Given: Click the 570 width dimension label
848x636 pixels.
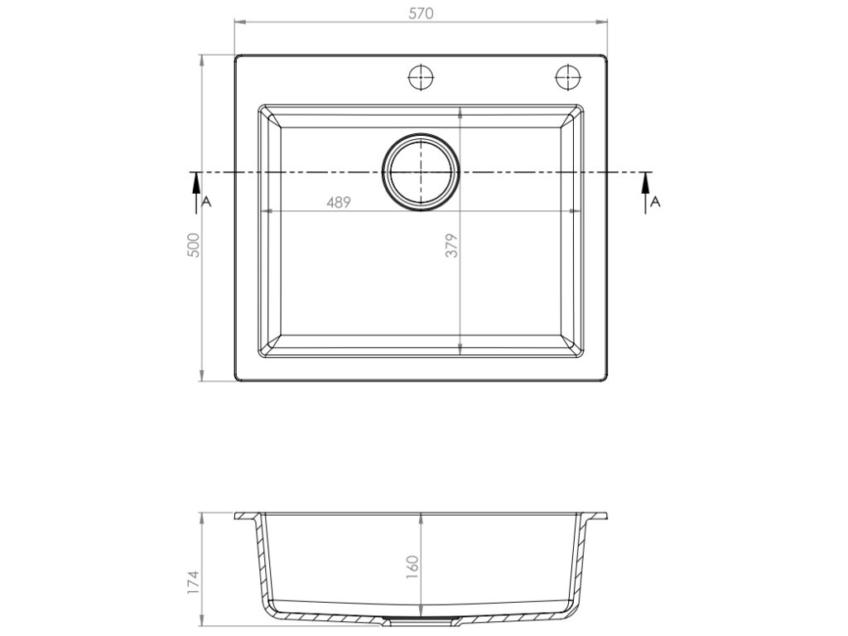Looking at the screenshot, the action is [421, 13].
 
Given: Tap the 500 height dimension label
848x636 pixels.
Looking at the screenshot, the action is [194, 245].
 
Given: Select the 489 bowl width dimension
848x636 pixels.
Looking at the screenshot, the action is [339, 202].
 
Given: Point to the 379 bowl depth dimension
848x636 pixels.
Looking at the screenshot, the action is [452, 245].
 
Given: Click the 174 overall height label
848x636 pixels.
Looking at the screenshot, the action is [194, 582].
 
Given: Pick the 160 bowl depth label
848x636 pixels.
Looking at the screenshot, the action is [412, 566].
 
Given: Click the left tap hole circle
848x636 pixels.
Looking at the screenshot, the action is [421, 77].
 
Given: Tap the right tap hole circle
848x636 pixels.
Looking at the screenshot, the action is [568, 77].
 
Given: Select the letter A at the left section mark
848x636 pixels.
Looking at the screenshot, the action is [206, 202].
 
